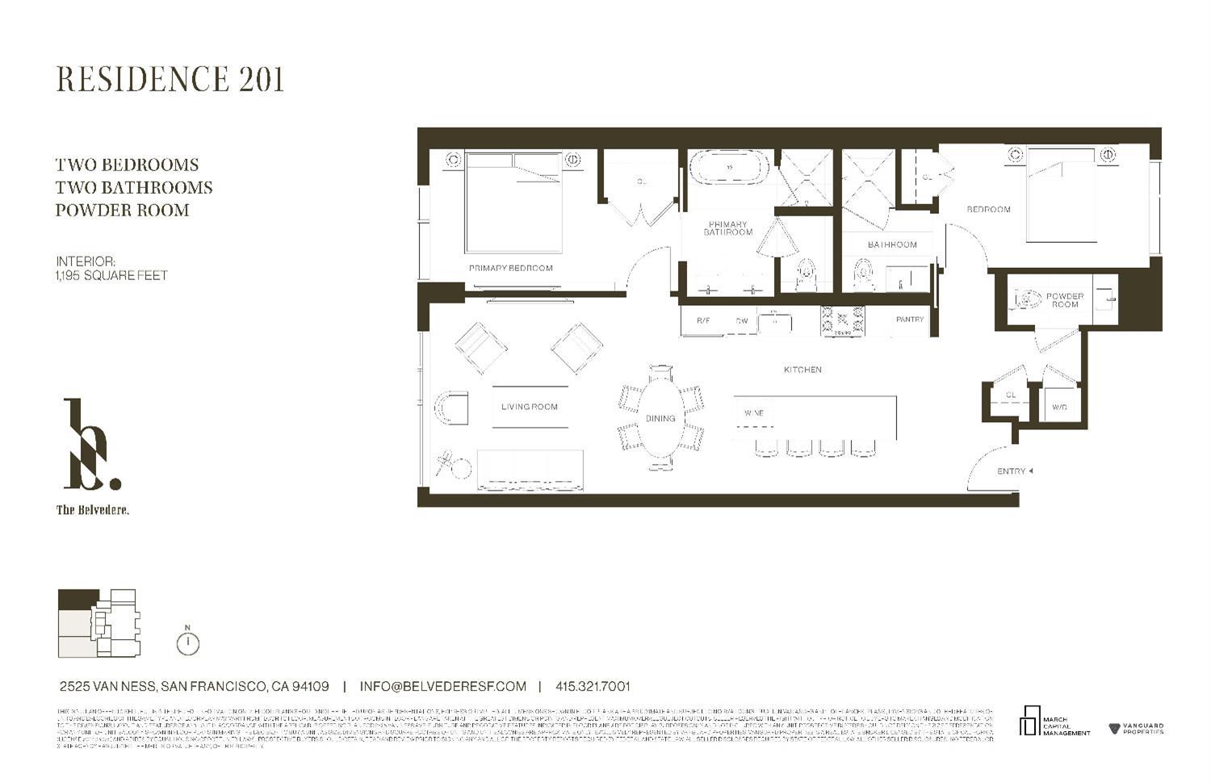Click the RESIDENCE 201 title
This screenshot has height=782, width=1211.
[x=170, y=79]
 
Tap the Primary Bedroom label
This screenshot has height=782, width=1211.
[x=510, y=268]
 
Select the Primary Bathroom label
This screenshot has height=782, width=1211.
[x=727, y=228]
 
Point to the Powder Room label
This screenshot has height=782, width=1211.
[x=1064, y=300]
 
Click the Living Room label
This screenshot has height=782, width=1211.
[x=529, y=407]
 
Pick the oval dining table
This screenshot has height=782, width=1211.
[x=660, y=418]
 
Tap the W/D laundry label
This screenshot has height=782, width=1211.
[x=1059, y=408]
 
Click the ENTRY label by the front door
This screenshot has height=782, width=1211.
[x=1011, y=471]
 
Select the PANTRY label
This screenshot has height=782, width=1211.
[x=909, y=320]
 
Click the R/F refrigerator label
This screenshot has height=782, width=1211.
[x=702, y=321]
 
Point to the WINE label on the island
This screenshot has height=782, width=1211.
[x=753, y=413]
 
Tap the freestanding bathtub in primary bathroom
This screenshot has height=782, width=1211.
[x=729, y=169]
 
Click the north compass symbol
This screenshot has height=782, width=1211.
[x=187, y=642]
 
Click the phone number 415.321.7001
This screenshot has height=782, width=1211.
[x=593, y=687]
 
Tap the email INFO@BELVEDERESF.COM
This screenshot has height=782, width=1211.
[x=442, y=687]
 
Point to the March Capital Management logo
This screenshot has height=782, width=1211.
[x=1054, y=722]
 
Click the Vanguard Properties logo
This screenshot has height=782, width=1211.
[x=1136, y=729]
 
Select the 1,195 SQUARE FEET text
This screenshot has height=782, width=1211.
[x=111, y=275]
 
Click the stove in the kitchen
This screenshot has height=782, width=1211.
[x=842, y=320]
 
